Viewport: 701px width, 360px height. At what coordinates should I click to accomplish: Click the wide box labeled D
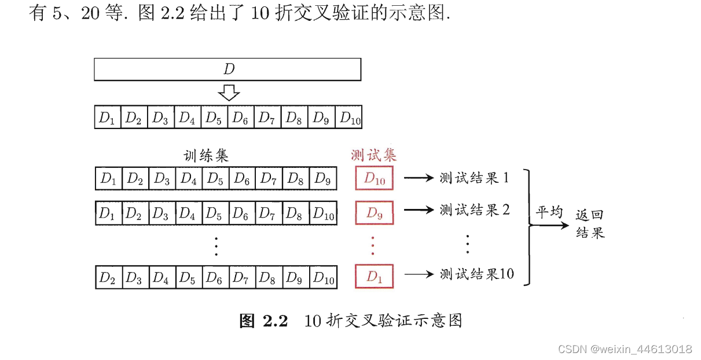pyautogui.click(x=227, y=69)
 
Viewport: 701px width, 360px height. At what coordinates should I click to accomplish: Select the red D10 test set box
pyautogui.click(x=375, y=179)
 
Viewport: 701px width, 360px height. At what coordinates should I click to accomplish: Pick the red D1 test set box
pyautogui.click(x=375, y=277)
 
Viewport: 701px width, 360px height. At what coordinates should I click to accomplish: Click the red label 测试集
pyautogui.click(x=374, y=155)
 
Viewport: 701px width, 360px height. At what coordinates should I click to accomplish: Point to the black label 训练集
pyautogui.click(x=206, y=155)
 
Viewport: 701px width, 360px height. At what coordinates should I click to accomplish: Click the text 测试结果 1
pyautogui.click(x=474, y=178)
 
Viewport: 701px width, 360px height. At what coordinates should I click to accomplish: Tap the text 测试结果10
pyautogui.click(x=477, y=274)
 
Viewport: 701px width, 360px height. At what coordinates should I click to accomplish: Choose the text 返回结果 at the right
pyautogui.click(x=590, y=224)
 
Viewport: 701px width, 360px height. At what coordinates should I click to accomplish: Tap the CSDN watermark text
pyautogui.click(x=625, y=349)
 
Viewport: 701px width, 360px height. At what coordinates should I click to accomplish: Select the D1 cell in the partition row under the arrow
pyautogui.click(x=107, y=118)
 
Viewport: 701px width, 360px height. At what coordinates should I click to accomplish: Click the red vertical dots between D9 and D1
pyautogui.click(x=373, y=245)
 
